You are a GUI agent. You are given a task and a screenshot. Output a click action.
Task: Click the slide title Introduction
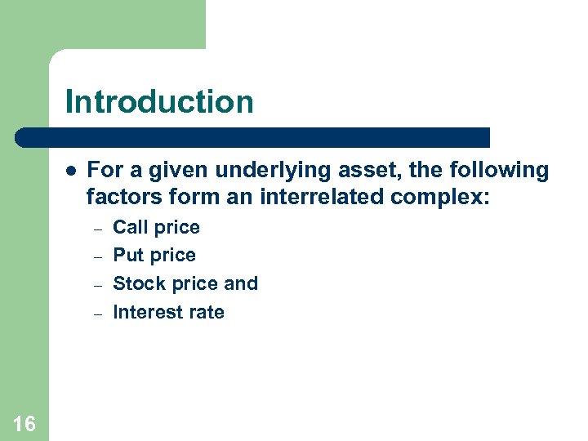(159, 102)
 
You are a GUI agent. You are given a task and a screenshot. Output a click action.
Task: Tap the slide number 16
(24, 423)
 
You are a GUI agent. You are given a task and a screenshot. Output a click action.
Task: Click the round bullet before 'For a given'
(71, 171)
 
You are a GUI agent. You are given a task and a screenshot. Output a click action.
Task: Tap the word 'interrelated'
(317, 198)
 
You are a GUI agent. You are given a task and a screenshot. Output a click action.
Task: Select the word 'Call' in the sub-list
(129, 227)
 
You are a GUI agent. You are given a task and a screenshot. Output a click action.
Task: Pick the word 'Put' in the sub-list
(127, 256)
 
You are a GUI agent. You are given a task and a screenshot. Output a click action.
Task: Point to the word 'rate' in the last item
(206, 312)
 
